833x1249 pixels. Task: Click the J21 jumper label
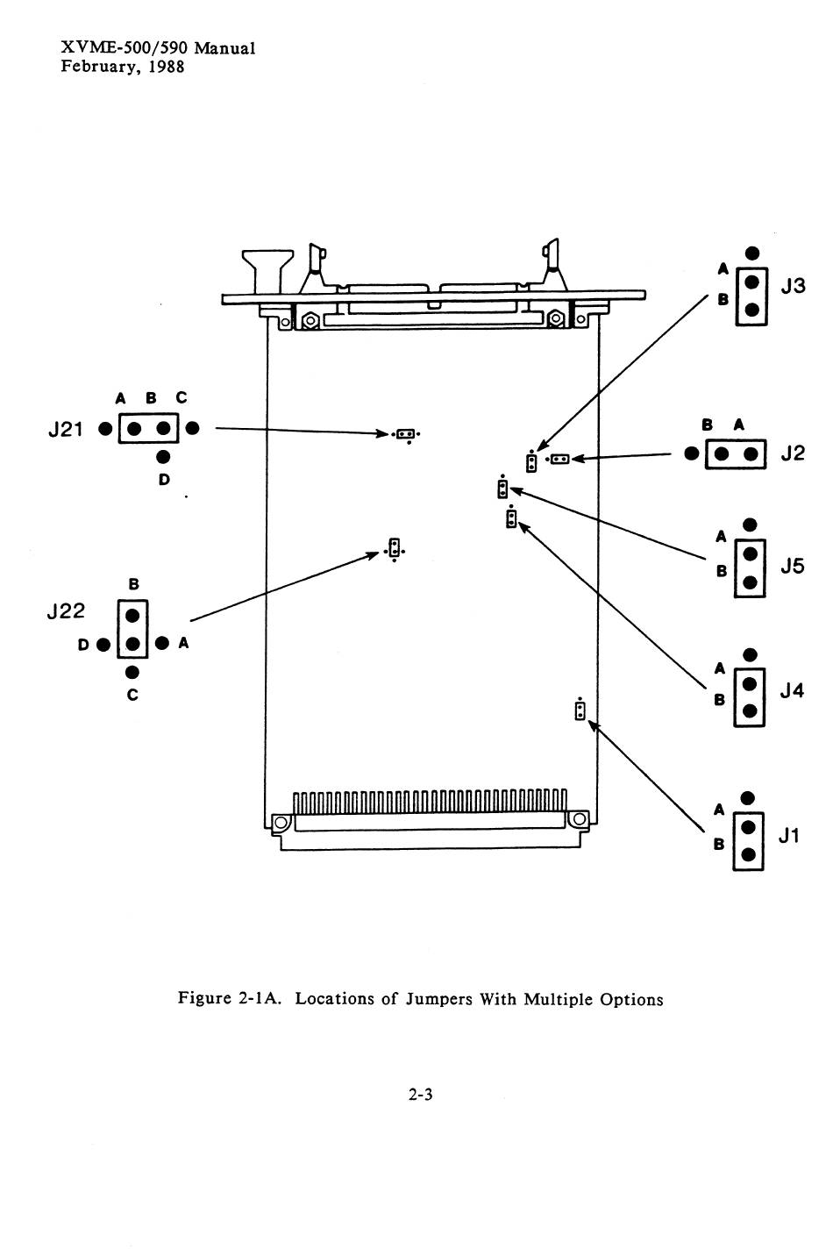point(65,430)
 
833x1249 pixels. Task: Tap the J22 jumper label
point(65,611)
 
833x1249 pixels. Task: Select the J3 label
point(793,286)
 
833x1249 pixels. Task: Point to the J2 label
point(792,453)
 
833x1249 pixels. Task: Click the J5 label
point(792,567)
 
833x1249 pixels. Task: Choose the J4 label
point(792,691)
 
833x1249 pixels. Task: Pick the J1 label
point(789,836)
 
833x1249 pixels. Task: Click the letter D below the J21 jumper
point(164,480)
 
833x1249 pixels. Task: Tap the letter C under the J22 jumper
point(132,696)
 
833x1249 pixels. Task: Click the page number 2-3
point(421,1094)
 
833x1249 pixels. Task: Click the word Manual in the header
point(224,48)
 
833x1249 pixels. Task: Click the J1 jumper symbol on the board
point(579,710)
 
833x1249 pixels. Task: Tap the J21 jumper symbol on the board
point(405,433)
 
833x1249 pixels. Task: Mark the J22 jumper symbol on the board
point(395,549)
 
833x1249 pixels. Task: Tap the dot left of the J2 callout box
point(692,453)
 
